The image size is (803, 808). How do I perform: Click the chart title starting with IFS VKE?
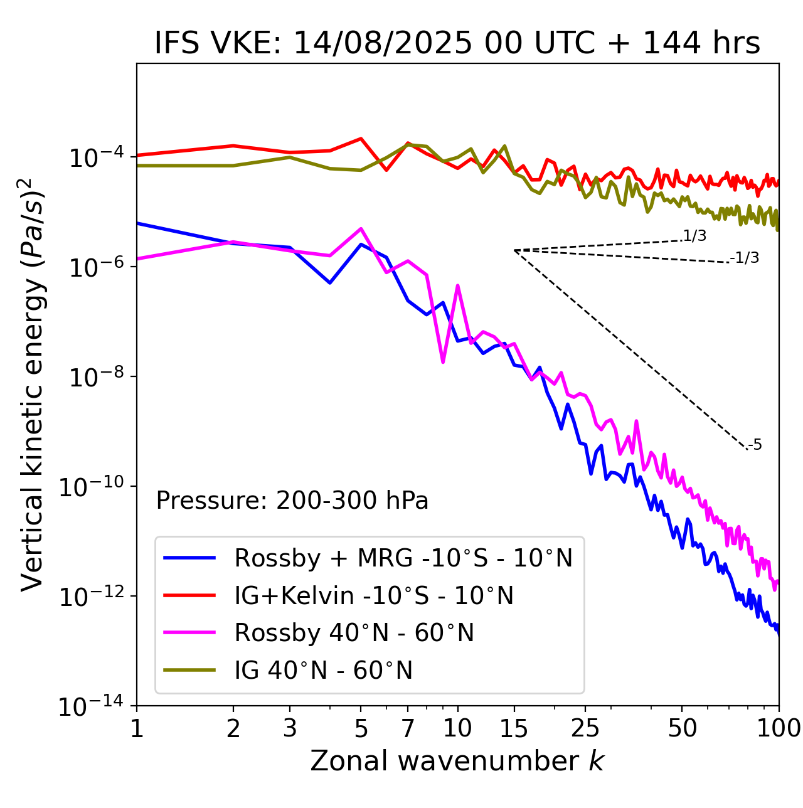(x=457, y=44)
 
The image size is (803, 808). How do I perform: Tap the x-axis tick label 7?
(x=408, y=728)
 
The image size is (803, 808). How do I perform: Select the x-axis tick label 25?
(x=585, y=728)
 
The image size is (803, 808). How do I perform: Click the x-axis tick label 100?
(x=778, y=728)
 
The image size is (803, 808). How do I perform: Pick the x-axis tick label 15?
(x=514, y=728)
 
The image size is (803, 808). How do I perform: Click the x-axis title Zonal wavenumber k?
(x=457, y=761)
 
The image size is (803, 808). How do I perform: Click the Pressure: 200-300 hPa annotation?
(x=292, y=501)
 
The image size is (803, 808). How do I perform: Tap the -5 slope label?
(x=755, y=445)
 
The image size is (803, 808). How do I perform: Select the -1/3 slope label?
(x=745, y=258)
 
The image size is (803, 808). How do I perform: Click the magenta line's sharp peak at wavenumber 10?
(x=457, y=285)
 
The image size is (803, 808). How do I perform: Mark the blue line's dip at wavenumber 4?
(x=330, y=283)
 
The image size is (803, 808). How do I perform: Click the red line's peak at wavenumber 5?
(x=361, y=139)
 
